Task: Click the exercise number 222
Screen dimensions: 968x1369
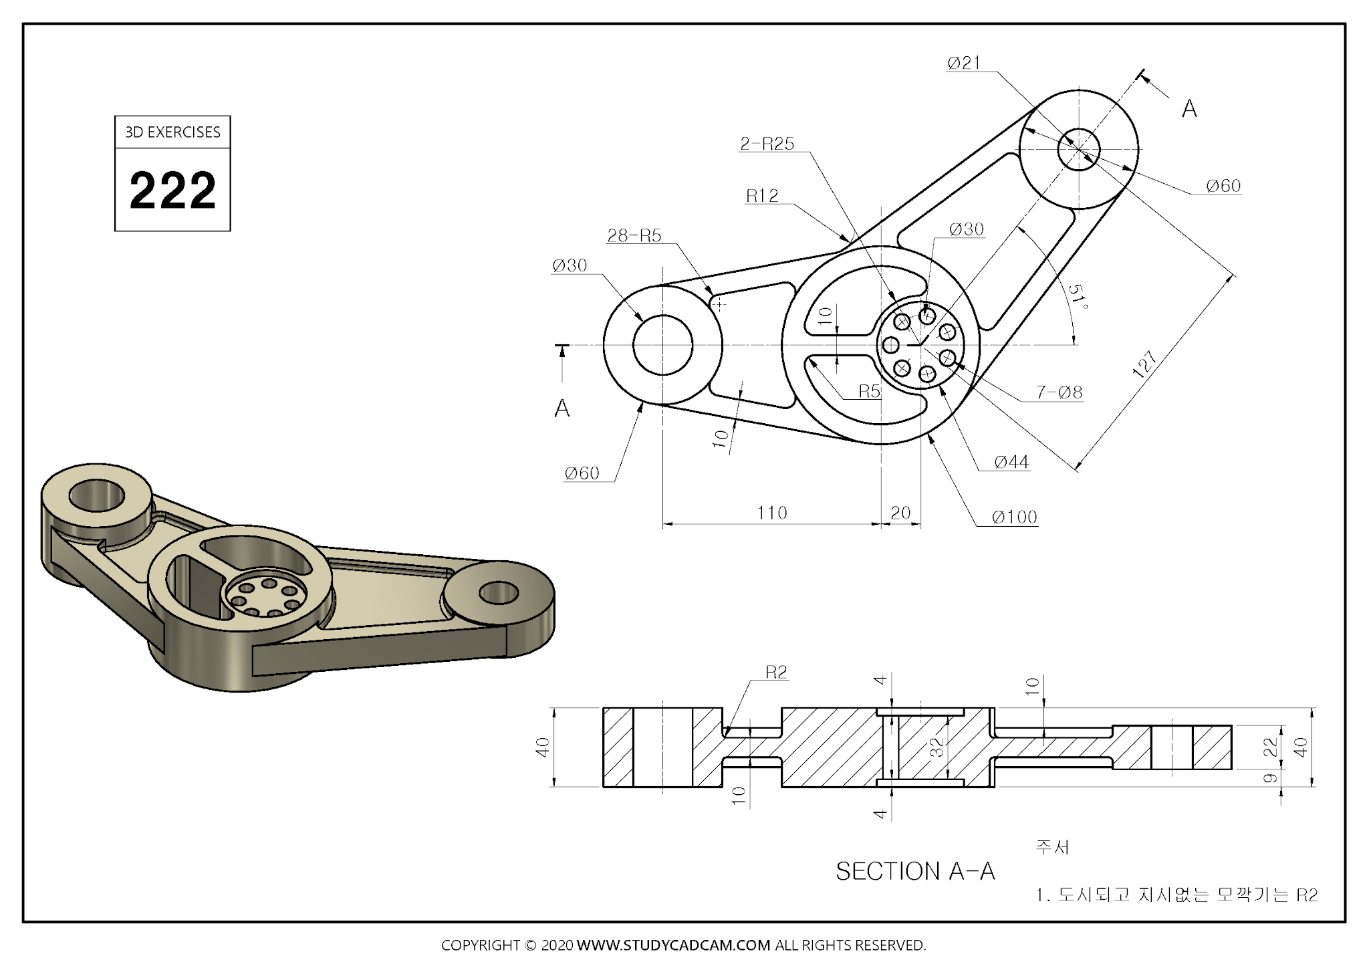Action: [x=172, y=191]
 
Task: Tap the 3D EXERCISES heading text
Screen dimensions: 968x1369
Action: [x=172, y=132]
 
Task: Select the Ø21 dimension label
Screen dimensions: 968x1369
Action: [x=964, y=64]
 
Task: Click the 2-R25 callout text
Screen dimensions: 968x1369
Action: [x=767, y=144]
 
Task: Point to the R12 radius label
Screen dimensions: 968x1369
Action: [x=762, y=196]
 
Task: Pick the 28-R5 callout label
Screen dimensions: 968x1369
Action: [x=634, y=235]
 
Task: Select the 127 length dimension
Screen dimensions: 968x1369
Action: [x=1145, y=365]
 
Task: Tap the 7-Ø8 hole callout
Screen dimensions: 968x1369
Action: [x=1060, y=392]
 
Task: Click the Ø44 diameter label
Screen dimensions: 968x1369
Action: [x=1011, y=462]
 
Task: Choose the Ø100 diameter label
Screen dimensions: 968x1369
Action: [x=1014, y=517]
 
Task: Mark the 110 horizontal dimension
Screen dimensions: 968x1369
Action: [x=771, y=513]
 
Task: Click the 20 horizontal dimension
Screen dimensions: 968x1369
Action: [x=900, y=513]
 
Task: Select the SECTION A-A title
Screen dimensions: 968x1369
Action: [x=915, y=871]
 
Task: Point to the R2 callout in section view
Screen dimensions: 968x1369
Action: [x=776, y=673]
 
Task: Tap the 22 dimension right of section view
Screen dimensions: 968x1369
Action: [x=1271, y=746]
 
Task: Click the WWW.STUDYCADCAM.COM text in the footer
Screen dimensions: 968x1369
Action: [x=673, y=945]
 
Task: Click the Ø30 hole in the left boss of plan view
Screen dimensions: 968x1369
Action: [x=662, y=345]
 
